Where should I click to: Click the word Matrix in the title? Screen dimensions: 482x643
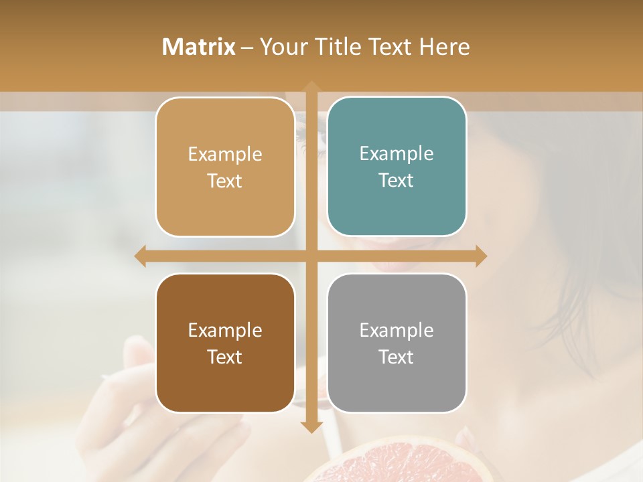pyautogui.click(x=198, y=47)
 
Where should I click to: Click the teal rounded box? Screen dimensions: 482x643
pyautogui.click(x=397, y=167)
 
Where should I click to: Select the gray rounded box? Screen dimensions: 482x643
pyautogui.click(x=397, y=343)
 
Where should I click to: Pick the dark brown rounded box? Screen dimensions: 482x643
pyautogui.click(x=225, y=343)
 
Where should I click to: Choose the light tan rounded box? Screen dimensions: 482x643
pyautogui.click(x=225, y=167)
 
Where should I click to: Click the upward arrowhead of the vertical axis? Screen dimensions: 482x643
pyautogui.click(x=311, y=87)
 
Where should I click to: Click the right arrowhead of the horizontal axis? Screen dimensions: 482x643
pyautogui.click(x=480, y=256)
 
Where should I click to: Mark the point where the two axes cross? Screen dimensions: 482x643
pyautogui.click(x=311, y=256)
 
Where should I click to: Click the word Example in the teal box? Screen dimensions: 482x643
pyautogui.click(x=397, y=153)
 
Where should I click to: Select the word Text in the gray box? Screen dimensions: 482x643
pyautogui.click(x=397, y=357)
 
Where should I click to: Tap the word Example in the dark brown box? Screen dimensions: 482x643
pyautogui.click(x=225, y=330)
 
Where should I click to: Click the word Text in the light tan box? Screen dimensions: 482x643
pyautogui.click(x=225, y=181)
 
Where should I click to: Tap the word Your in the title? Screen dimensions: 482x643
pyautogui.click(x=281, y=47)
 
